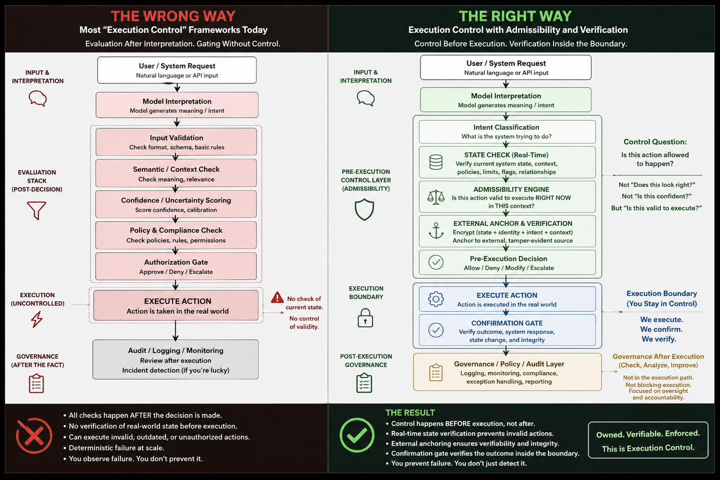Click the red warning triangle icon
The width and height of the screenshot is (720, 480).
point(277,297)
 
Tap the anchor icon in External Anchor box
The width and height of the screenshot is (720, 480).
point(436,231)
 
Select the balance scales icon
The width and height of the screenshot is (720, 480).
point(436,197)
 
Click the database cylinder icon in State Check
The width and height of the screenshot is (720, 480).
point(436,162)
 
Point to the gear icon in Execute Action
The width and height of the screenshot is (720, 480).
point(436,299)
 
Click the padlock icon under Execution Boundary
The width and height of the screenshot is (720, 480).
point(365,318)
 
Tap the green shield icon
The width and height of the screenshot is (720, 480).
point(364,210)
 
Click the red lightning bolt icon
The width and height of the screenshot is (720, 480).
point(37,319)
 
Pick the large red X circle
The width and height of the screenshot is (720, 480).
point(34,435)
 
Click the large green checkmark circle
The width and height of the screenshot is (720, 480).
point(357,435)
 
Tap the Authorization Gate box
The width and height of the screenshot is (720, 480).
point(176,266)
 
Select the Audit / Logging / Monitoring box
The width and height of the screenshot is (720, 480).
point(175,360)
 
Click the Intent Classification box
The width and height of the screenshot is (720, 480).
point(507,132)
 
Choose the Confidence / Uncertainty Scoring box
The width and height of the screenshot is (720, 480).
point(176,204)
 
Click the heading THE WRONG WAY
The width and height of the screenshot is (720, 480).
point(173,16)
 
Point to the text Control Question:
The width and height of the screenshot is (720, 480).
point(655,142)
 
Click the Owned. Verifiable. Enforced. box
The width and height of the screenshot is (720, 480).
point(648,440)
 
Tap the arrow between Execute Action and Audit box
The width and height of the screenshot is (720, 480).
point(175,330)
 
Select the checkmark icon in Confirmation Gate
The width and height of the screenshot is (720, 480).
point(436,330)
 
